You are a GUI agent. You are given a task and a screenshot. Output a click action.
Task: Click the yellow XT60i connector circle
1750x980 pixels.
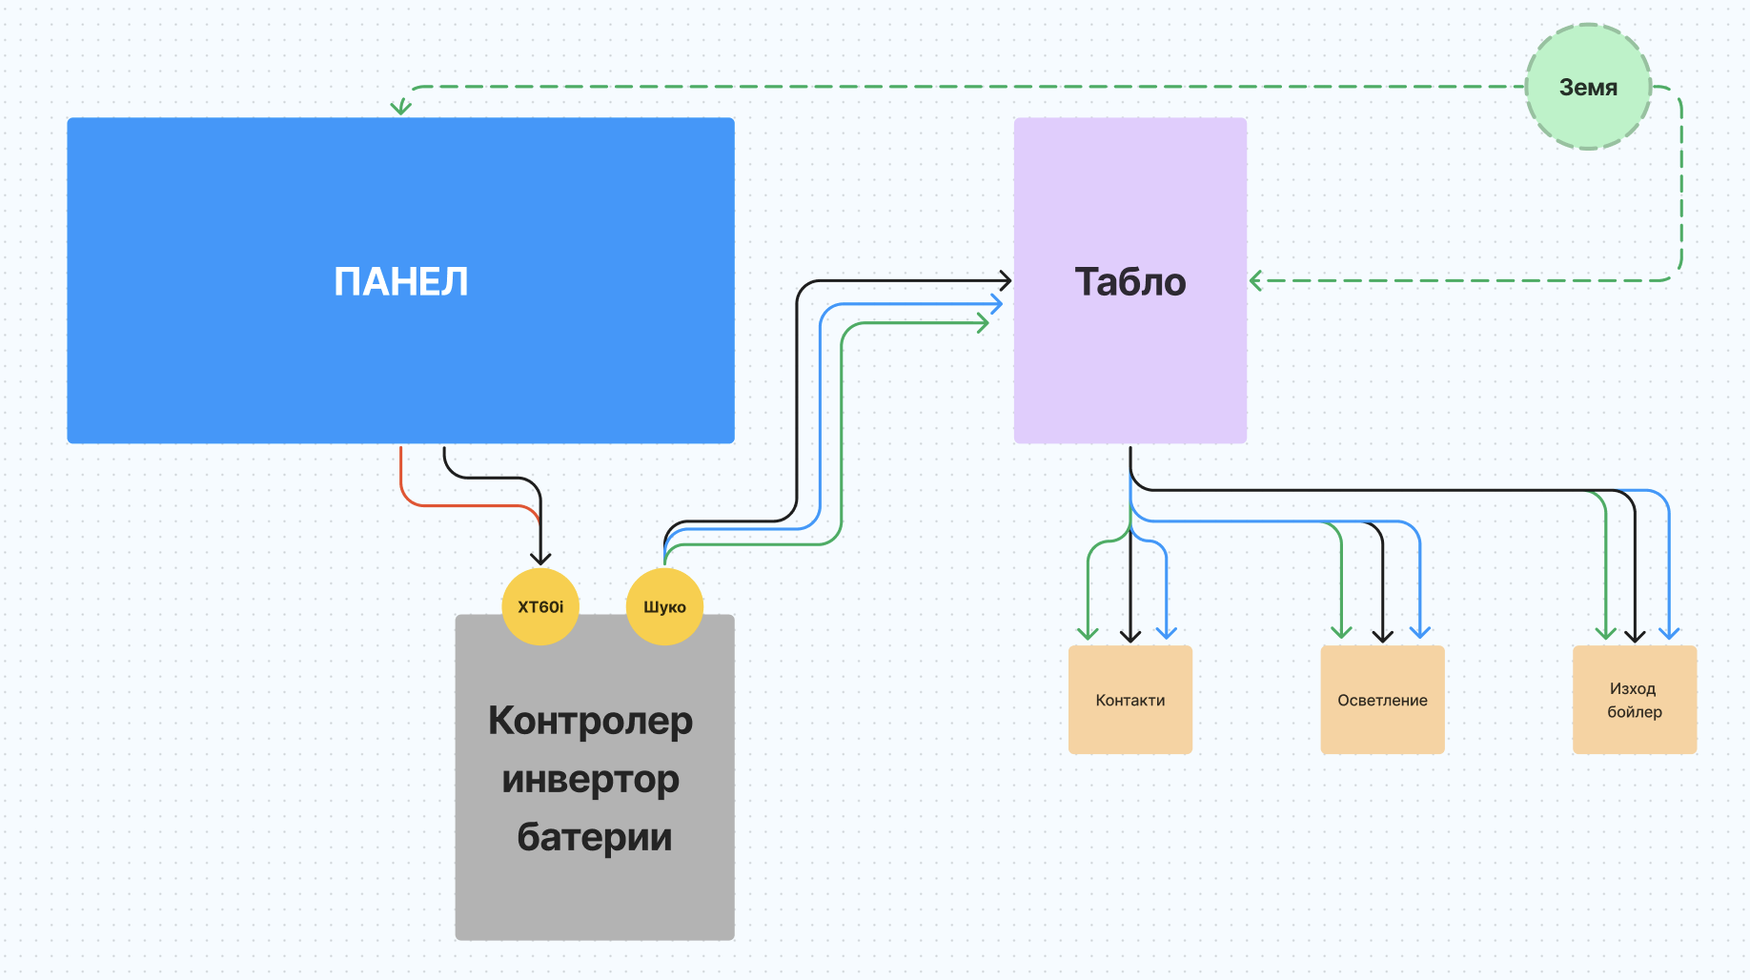click(x=540, y=607)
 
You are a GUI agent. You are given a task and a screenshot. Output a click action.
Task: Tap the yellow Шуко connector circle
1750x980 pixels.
click(x=664, y=607)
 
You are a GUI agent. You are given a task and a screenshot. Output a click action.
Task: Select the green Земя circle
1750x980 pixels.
click(x=1588, y=87)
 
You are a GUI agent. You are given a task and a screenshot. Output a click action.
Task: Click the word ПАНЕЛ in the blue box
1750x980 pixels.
click(x=401, y=282)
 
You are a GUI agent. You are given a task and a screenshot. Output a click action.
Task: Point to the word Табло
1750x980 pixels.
click(x=1130, y=282)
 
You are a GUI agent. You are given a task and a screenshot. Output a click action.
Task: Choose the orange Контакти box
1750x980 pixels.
click(x=1130, y=700)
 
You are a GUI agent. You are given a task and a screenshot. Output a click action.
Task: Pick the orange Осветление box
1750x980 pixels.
click(x=1382, y=700)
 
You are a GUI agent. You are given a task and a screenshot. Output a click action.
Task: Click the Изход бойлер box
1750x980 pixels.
click(x=1635, y=700)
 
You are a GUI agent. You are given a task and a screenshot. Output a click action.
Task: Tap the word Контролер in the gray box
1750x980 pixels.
click(x=590, y=721)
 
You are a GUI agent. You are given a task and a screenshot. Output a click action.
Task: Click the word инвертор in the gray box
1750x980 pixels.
click(x=590, y=780)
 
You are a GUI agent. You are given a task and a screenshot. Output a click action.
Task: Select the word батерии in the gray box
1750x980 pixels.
click(x=595, y=837)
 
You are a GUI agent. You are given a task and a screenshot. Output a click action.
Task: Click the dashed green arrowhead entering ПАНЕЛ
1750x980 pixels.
click(x=401, y=108)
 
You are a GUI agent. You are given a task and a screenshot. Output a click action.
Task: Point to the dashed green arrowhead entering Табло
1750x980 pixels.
click(x=1256, y=280)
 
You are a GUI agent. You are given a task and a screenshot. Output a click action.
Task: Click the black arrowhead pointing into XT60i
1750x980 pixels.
click(x=540, y=559)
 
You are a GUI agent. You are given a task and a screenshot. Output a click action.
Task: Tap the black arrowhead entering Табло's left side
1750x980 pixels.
click(x=1005, y=280)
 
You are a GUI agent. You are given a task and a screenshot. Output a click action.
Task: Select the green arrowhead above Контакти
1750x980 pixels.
click(x=1088, y=633)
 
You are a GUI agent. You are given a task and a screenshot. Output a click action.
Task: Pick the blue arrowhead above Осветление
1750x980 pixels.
click(x=1420, y=632)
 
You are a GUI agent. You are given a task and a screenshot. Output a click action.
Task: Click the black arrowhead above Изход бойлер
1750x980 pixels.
click(x=1636, y=635)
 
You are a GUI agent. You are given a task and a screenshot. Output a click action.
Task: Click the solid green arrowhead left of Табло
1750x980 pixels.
click(x=983, y=324)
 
